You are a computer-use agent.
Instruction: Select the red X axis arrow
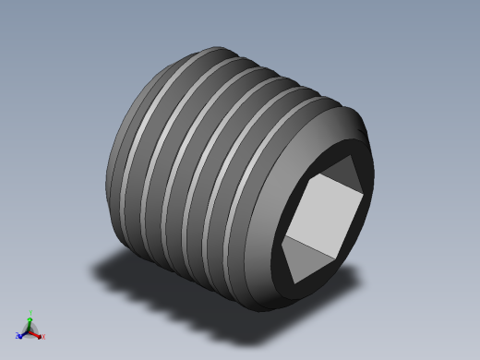pyautogui.click(x=38, y=334)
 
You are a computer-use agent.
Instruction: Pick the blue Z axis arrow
pyautogui.click(x=22, y=334)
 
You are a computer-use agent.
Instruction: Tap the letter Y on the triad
pyautogui.click(x=30, y=312)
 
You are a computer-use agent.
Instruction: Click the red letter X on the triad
pyautogui.click(x=42, y=337)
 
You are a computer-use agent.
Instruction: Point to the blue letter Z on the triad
pyautogui.click(x=18, y=337)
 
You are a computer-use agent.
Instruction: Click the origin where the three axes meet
pyautogui.click(x=30, y=330)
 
